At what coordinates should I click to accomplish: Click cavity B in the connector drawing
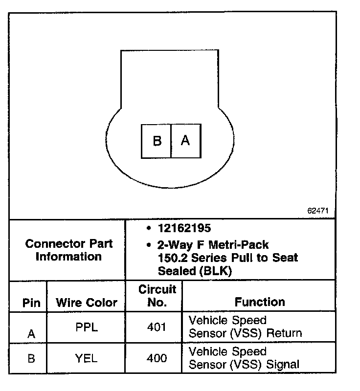click(157, 141)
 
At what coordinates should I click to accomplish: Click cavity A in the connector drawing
click(185, 141)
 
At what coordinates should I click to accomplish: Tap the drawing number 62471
click(318, 211)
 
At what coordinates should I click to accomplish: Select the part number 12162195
click(184, 228)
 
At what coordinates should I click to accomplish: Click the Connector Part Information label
click(68, 250)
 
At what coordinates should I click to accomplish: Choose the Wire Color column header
click(87, 303)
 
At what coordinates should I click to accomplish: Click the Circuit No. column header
click(157, 296)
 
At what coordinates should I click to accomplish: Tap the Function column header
click(260, 302)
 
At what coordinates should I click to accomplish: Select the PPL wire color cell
click(87, 327)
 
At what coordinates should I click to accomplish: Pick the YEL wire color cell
click(87, 358)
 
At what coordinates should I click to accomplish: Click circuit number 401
click(157, 327)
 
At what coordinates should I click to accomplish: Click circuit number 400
click(157, 358)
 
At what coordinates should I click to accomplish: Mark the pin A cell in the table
click(31, 334)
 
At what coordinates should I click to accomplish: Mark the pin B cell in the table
click(31, 358)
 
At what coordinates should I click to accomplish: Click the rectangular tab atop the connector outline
click(169, 78)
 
